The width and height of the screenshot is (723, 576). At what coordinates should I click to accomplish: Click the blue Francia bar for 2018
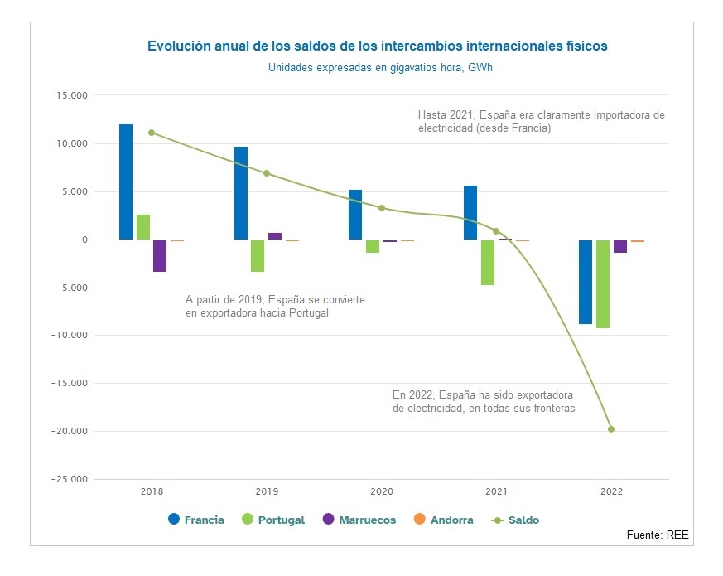point(126,182)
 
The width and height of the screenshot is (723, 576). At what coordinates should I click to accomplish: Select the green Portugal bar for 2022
point(603,284)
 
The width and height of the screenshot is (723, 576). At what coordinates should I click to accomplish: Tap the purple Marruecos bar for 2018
point(160,256)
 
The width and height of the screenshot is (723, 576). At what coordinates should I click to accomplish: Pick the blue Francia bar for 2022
point(586,282)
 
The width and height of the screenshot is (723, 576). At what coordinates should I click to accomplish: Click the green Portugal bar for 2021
point(488,263)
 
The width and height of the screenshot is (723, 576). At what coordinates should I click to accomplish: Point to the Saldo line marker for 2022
point(611,429)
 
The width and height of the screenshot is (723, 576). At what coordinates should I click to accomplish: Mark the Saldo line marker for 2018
point(152,133)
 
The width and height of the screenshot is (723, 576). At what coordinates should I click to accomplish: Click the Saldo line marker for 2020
point(382,208)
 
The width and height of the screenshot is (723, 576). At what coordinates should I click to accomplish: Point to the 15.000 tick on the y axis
point(71,96)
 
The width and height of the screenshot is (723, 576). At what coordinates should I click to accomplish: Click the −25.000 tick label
point(69,480)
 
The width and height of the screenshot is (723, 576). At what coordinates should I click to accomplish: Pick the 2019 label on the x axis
point(267,492)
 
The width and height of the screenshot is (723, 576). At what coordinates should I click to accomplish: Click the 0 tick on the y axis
point(84,240)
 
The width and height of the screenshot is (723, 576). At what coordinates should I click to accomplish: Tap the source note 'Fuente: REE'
point(657,535)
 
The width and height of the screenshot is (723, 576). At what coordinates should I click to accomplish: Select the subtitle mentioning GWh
point(380,68)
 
